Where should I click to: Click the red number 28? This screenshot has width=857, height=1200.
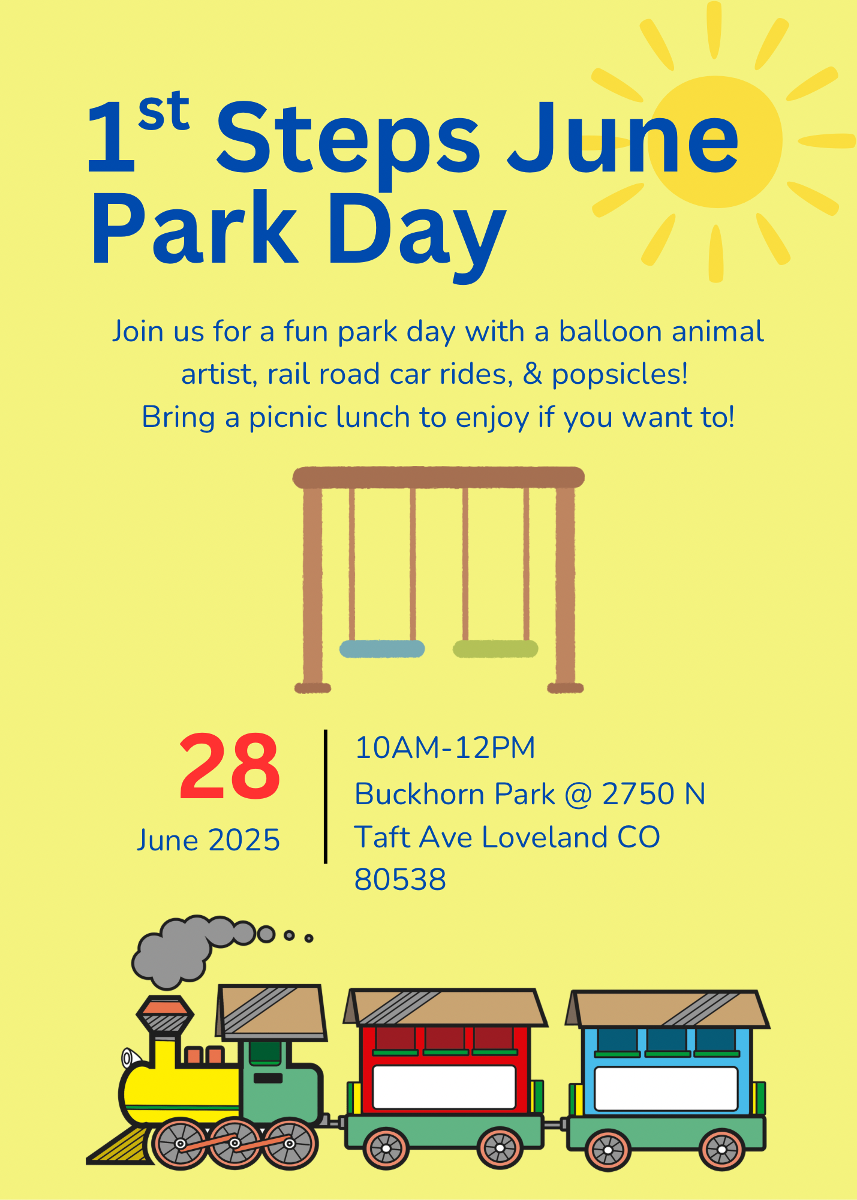(x=229, y=767)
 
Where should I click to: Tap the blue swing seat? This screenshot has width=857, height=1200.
(x=382, y=648)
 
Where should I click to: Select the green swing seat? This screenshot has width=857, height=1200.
(x=495, y=648)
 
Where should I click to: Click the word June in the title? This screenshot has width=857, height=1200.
(x=623, y=139)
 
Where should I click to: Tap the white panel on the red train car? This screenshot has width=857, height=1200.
(x=444, y=1087)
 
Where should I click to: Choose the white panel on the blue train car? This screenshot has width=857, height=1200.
(x=666, y=1089)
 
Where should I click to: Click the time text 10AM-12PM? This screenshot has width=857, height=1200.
(x=445, y=748)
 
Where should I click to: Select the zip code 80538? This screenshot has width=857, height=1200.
(x=400, y=880)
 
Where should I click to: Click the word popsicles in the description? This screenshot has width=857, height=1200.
(x=620, y=375)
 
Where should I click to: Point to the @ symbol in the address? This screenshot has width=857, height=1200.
(x=579, y=795)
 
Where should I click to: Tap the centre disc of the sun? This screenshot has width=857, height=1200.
(x=717, y=142)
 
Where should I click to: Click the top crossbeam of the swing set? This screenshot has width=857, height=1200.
(x=438, y=477)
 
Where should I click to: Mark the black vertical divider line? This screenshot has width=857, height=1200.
(x=326, y=796)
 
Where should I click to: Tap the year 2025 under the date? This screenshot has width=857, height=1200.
(x=244, y=840)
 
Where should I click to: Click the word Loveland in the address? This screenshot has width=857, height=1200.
(x=545, y=837)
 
